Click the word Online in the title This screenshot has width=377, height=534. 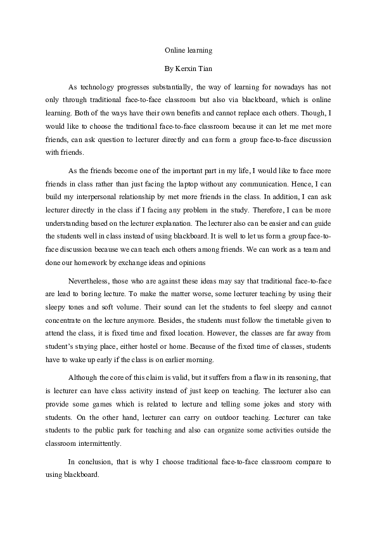coord(174,48)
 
